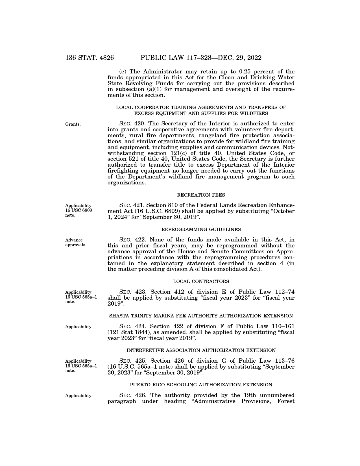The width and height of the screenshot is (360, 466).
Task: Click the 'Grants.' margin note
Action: (73, 124)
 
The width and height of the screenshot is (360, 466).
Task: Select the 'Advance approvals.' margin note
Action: (76, 243)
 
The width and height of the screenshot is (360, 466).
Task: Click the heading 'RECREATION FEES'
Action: (201, 195)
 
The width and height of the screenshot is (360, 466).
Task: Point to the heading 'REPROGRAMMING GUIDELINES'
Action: (201, 229)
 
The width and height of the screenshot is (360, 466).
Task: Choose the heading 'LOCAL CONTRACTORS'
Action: (201, 281)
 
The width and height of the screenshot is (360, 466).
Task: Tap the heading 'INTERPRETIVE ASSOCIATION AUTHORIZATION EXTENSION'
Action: (201, 350)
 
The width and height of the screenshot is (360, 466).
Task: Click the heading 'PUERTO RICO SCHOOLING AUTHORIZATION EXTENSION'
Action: (201, 385)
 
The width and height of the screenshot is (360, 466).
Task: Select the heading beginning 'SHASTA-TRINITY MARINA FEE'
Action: (201, 316)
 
